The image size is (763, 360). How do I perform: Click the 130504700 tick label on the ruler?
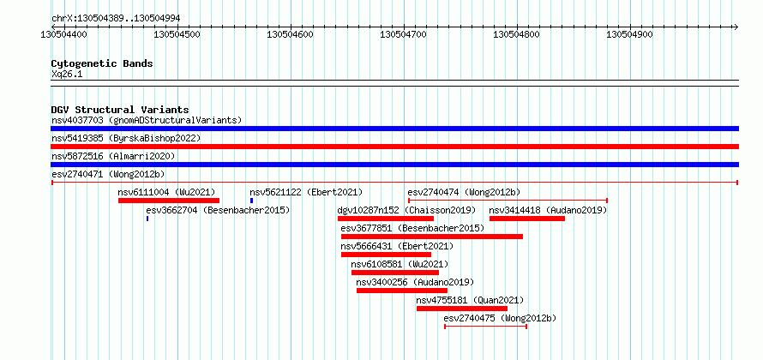point(403,35)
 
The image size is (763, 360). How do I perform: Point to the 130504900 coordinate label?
point(629,35)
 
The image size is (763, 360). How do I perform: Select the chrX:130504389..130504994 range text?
point(116,19)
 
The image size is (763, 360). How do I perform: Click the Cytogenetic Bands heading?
point(102,63)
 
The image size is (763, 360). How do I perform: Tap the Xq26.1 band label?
point(67,75)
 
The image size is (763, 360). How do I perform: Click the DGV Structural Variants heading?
point(120,110)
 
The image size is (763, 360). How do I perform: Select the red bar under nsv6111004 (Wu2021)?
point(169,201)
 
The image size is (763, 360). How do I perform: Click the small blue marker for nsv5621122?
point(251,201)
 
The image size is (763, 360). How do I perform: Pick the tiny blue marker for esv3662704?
point(147,219)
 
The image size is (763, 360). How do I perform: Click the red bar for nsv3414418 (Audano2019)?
point(527,219)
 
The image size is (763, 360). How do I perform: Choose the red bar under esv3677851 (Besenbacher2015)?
point(432,237)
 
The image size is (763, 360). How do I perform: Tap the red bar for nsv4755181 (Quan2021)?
point(462,309)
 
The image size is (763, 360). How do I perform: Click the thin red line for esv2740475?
point(485,327)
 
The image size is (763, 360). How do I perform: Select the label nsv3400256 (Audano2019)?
point(415,282)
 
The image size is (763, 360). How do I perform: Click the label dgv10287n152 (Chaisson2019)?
point(406,210)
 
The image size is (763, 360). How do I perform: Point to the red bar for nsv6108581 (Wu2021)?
point(395,273)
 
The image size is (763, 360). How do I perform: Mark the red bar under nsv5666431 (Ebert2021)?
point(386,255)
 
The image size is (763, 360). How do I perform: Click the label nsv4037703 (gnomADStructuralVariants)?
point(147,120)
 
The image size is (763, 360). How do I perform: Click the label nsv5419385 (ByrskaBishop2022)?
point(126,138)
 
